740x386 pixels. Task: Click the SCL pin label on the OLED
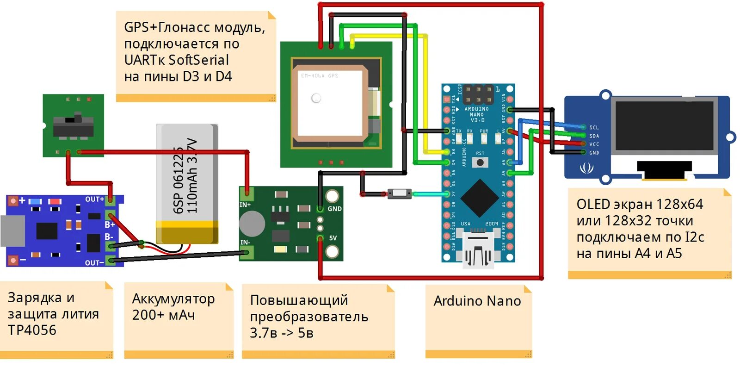coord(594,127)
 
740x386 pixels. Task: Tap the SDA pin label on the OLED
coord(594,136)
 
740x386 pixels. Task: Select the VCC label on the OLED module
coord(594,144)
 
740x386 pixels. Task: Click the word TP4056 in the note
coord(32,330)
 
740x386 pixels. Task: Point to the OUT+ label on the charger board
coord(94,199)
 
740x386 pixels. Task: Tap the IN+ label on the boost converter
coord(245,205)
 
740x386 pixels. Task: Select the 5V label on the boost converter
coord(333,238)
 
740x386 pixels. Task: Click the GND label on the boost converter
coord(334,209)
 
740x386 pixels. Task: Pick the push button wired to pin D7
coord(399,193)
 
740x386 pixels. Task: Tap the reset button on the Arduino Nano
coord(480,162)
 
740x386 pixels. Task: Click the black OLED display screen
coord(664,126)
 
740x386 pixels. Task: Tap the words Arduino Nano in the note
coord(477,301)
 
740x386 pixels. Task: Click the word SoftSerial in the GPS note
coord(199,60)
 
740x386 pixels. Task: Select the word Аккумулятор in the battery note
coord(173,299)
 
